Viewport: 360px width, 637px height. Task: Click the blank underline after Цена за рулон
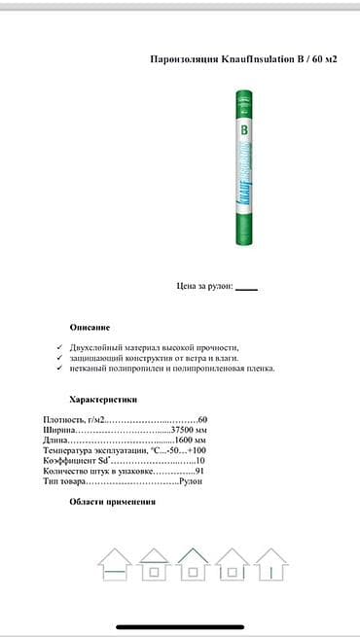[x=247, y=288]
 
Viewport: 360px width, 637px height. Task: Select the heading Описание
[x=90, y=327]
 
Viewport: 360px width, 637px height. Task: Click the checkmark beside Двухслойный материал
[x=60, y=347]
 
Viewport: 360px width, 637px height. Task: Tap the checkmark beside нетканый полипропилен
[x=60, y=369]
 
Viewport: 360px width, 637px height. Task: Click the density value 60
[x=202, y=419]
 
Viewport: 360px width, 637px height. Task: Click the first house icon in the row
[x=115, y=563]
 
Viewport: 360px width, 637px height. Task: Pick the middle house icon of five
[x=193, y=563]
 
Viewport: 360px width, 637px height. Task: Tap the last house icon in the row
[x=270, y=563]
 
